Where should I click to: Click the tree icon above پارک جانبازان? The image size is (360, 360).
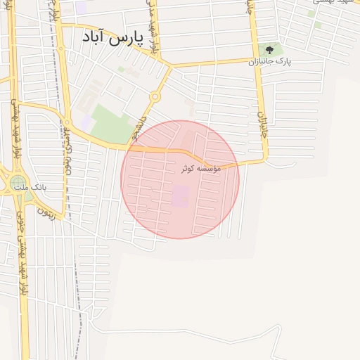click(269, 49)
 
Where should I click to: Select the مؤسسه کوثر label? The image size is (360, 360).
click(200, 169)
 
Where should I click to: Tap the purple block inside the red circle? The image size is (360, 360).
click(181, 196)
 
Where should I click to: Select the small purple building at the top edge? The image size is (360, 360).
click(82, 7)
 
